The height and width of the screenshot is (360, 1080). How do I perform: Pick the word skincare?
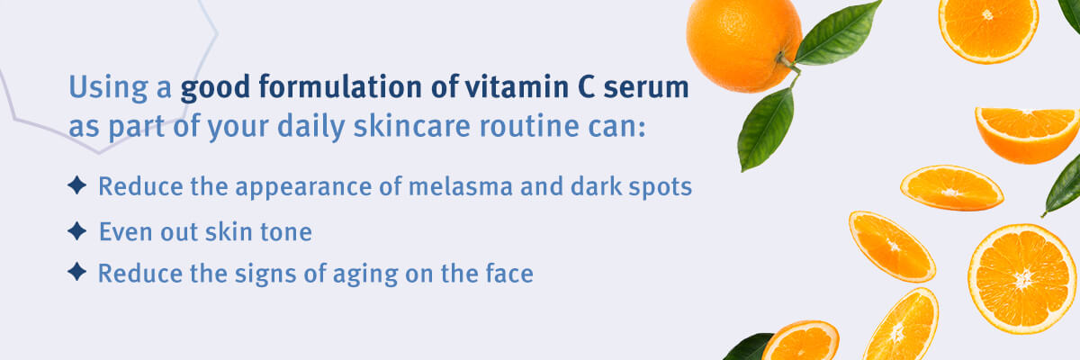pos(412,126)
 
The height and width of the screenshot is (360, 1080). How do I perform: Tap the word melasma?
pos(461,186)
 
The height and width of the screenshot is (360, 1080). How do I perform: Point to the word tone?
pos(286,232)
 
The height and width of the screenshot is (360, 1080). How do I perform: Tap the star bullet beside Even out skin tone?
pos(77,230)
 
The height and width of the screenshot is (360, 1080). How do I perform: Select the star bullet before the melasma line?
pos(77,185)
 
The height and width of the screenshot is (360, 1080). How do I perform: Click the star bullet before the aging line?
pos(77,271)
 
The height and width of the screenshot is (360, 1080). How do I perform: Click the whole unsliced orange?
pos(743,45)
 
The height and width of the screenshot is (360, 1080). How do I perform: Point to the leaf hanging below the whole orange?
pos(766,130)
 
